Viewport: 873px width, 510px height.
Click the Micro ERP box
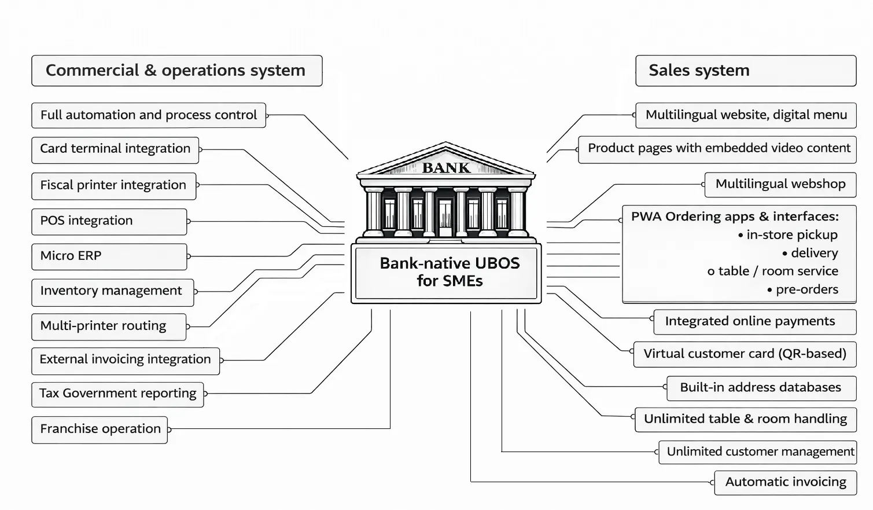[x=109, y=256]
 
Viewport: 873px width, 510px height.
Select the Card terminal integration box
[x=115, y=149]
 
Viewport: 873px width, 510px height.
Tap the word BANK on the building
[x=446, y=168]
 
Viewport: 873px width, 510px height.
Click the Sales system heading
[x=745, y=71]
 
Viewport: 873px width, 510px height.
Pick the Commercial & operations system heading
[x=176, y=71]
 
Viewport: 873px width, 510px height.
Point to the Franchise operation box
[x=100, y=430]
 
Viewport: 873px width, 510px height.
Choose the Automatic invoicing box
[x=785, y=482]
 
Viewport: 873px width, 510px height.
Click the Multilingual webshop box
[x=780, y=184]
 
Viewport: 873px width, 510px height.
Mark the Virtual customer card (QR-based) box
[x=745, y=354]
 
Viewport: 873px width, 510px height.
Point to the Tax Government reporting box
[x=117, y=394]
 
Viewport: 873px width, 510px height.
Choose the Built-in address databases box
[x=760, y=388]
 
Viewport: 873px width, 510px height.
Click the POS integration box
[x=109, y=221]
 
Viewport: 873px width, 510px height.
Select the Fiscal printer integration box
[x=113, y=186]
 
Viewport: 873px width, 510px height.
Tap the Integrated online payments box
[x=754, y=321]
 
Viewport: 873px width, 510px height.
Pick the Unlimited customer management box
[x=757, y=452]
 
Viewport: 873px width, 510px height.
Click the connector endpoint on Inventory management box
[x=196, y=291]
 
